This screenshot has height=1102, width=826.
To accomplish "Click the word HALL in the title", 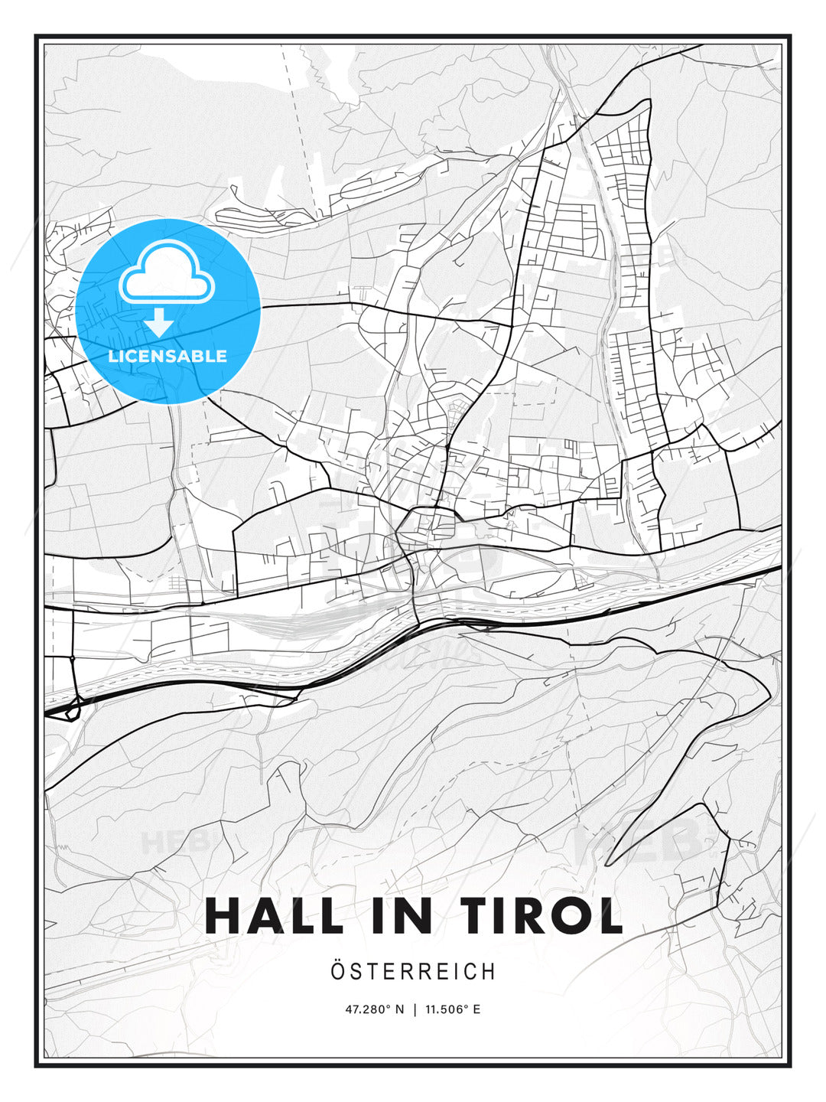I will [274, 915].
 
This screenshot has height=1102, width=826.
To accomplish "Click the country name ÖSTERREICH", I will [413, 971].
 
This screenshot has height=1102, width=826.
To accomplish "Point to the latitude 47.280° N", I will [374, 1009].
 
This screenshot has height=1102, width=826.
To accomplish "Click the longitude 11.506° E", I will [454, 1009].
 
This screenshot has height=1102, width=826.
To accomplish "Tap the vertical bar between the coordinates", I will [415, 1009].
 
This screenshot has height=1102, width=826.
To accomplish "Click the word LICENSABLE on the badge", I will [167, 356].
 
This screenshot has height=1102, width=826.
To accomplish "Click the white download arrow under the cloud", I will [160, 322].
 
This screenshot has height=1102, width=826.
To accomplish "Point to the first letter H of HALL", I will [223, 915].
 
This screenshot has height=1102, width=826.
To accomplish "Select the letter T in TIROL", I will [463, 915].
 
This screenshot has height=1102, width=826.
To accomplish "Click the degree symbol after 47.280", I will [388, 1006].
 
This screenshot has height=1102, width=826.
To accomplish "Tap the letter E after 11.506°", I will [476, 1009].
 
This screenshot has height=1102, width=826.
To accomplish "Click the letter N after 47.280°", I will [398, 1009].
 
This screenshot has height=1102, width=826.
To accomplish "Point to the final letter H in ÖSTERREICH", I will [489, 971].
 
